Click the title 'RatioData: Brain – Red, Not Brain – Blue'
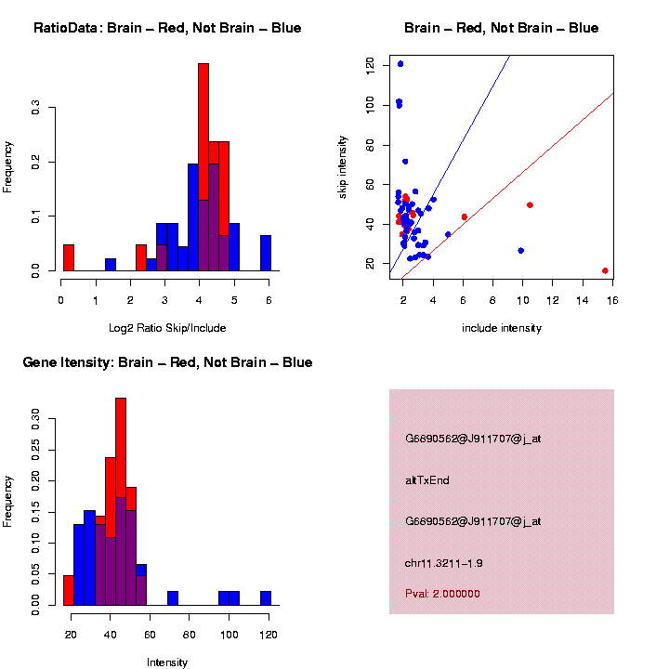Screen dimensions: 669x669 click(167, 29)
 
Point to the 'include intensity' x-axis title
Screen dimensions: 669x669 click(502, 328)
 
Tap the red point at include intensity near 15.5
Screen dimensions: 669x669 click(605, 270)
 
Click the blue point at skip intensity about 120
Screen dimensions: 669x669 click(400, 64)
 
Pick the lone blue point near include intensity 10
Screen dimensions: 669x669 click(521, 251)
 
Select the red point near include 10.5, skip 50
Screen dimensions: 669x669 click(530, 204)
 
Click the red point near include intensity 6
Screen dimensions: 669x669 click(465, 216)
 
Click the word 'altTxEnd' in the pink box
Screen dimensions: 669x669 click(427, 480)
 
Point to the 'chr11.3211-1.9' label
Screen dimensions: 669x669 click(444, 563)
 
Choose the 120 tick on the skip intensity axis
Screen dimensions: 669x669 click(371, 64)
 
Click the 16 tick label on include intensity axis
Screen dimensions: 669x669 click(613, 300)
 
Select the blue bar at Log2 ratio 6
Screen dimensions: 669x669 click(266, 253)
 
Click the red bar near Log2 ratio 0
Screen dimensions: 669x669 click(68, 257)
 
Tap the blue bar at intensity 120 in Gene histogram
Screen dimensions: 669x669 click(266, 598)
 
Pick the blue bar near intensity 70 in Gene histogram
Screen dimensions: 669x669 click(173, 598)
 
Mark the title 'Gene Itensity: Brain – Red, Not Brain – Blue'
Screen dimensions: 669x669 click(167, 362)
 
